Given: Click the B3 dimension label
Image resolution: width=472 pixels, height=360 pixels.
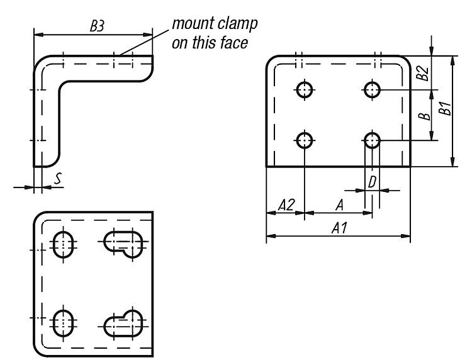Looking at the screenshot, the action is pos(97,26).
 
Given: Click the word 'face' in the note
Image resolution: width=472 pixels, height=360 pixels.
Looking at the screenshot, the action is pos(234,42).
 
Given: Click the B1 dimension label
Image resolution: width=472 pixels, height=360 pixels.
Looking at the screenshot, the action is pos(444,108).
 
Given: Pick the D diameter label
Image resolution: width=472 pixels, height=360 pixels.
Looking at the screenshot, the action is pos(372,182).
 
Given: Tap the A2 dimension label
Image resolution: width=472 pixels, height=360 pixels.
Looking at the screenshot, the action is pos(286,205).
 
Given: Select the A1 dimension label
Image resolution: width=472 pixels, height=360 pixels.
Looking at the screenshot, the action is pos(339,228).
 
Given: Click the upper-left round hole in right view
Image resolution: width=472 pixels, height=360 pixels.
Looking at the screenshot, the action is pos(305,90).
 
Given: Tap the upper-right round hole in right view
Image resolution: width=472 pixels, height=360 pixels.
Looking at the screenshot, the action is pos(372,90).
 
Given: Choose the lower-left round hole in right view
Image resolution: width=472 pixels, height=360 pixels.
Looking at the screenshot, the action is pos(305,140).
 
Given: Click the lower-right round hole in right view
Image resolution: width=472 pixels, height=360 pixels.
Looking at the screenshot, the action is pos(372,140).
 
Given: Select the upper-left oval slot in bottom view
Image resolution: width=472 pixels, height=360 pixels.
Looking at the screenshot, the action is pos(63,244).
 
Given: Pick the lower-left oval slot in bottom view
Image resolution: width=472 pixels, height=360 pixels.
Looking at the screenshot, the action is pos(63,323).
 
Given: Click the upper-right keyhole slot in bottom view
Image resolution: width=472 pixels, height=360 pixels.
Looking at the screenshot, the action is pos(123,244).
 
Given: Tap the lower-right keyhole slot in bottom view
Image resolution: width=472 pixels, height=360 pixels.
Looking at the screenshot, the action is pos(123,323).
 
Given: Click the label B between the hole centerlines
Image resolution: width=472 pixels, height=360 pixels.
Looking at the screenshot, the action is pos(425,115).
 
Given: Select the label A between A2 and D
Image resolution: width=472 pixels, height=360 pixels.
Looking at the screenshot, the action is pos(340,205).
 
